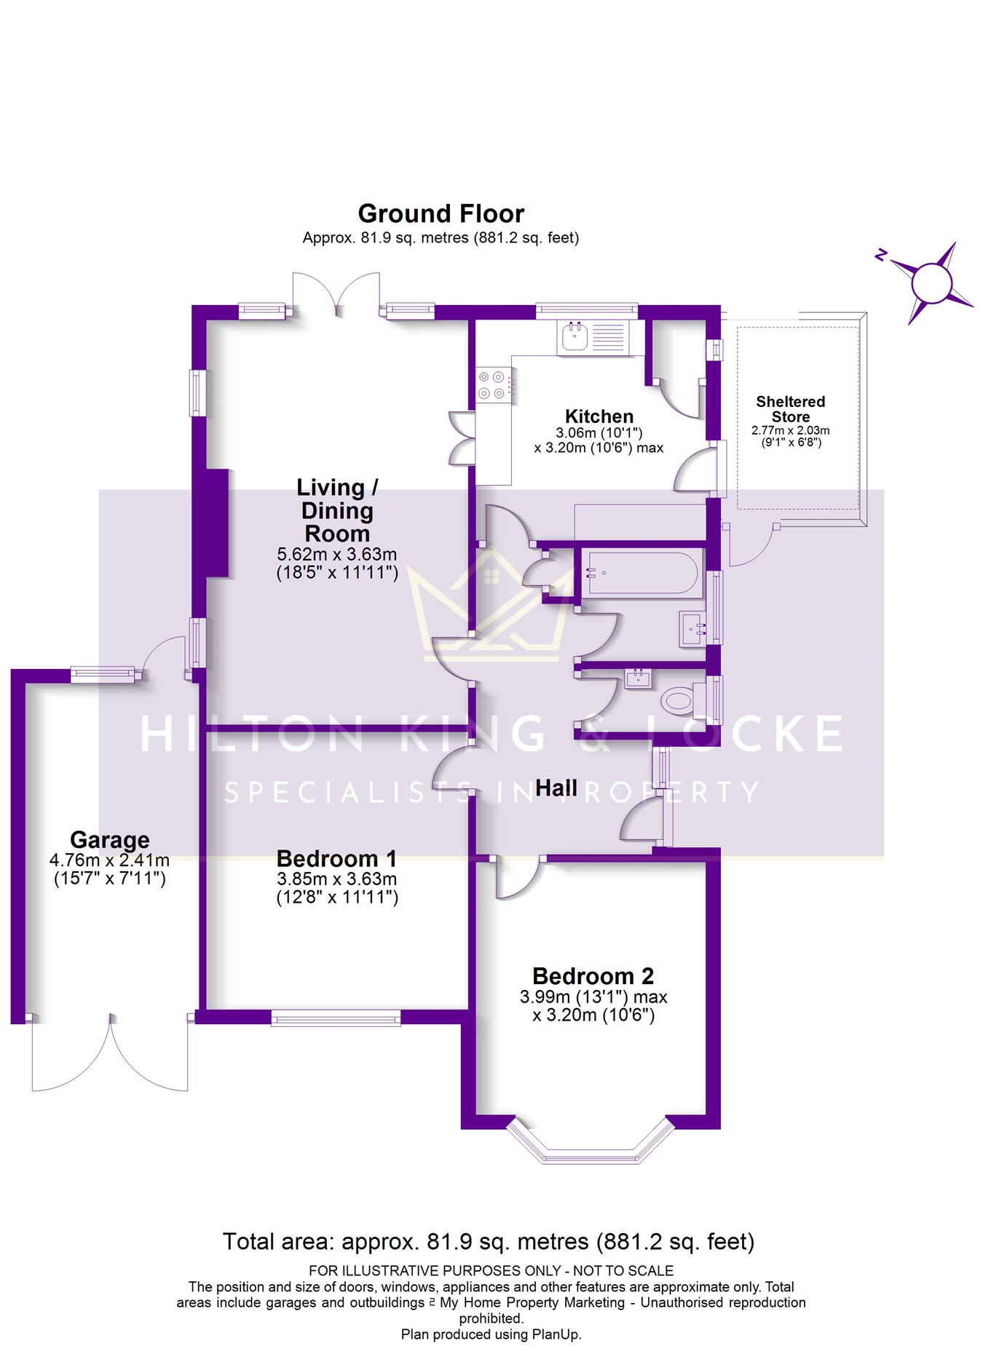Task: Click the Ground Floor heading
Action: tap(441, 213)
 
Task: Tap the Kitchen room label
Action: tap(599, 416)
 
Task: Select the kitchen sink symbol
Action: tap(575, 336)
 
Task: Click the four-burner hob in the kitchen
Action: tap(491, 385)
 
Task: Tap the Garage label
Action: tap(110, 840)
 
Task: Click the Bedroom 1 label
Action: tap(337, 858)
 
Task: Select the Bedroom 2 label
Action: tap(593, 975)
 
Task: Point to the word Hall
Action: tap(556, 788)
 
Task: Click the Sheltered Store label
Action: tap(791, 409)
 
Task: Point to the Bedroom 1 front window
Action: tap(336, 1018)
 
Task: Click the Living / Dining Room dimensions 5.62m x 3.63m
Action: tap(337, 554)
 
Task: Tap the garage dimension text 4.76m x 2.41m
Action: tap(110, 860)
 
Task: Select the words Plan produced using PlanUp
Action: tap(491, 1334)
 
